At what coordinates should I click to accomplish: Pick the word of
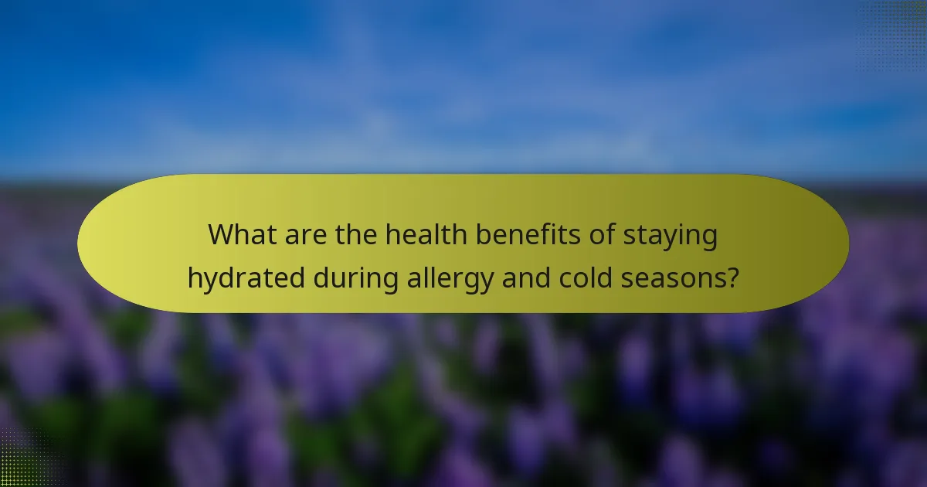pos(591,235)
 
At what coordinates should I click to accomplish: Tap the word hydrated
pos(246,278)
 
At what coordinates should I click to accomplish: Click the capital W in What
pos(222,235)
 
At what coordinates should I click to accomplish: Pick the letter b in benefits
pos(475,235)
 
